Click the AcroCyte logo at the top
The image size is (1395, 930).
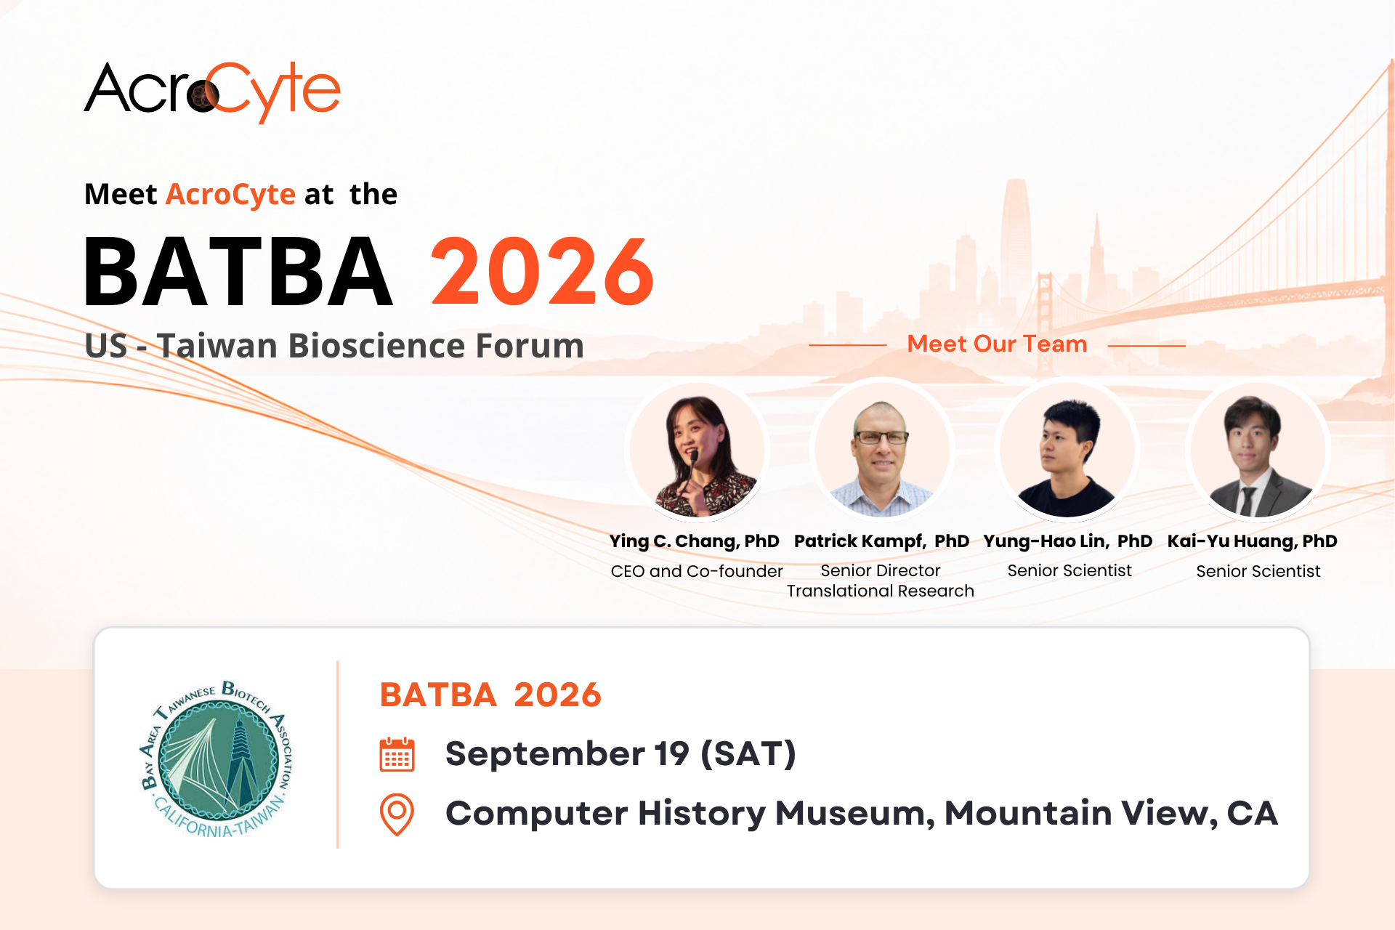[212, 92]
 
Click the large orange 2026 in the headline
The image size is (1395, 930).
[543, 272]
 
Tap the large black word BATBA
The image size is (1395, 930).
[238, 272]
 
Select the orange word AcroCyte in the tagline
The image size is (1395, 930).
[230, 195]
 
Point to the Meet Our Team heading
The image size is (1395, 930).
[997, 344]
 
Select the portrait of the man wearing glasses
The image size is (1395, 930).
[882, 450]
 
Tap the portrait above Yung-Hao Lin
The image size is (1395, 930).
[1067, 450]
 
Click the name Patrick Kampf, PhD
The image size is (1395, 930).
[881, 541]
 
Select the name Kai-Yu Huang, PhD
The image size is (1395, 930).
[1252, 541]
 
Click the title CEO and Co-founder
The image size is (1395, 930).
[697, 571]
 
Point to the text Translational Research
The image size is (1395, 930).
[881, 591]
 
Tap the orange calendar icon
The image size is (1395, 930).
[397, 754]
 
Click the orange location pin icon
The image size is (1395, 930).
[397, 814]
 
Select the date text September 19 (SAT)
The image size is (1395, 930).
[620, 753]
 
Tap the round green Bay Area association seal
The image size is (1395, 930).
[217, 759]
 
